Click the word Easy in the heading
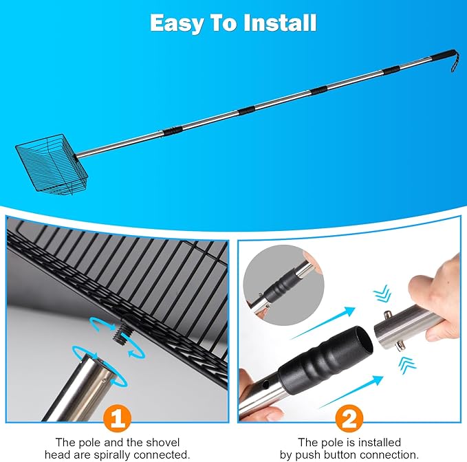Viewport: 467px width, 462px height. tap(175, 23)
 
